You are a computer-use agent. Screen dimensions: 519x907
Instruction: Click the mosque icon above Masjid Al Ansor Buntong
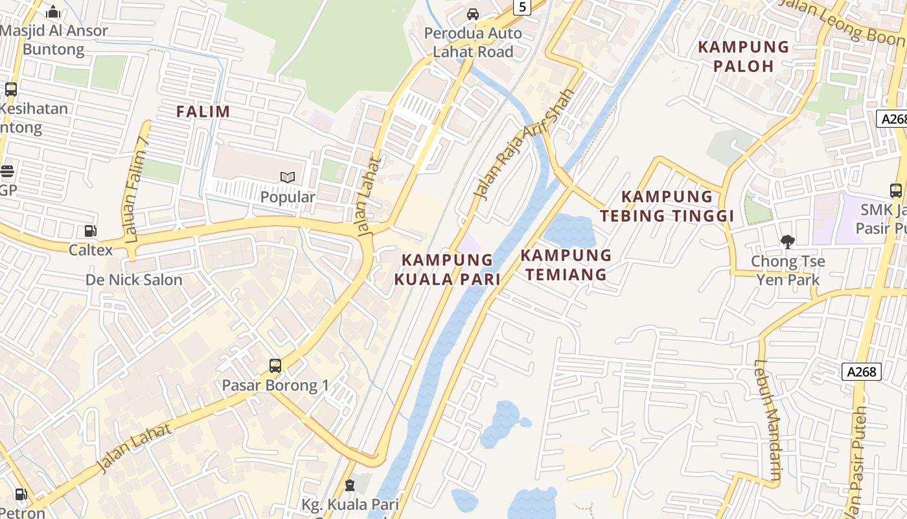(x=53, y=12)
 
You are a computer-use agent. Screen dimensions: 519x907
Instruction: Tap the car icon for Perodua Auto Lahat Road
(x=473, y=14)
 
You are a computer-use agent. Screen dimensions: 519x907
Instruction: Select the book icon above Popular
(x=288, y=177)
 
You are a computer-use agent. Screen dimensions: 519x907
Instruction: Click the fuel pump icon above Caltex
(x=91, y=231)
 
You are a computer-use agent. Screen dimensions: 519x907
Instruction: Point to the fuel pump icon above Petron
(x=21, y=494)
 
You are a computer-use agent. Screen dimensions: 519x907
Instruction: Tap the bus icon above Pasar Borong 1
(x=275, y=366)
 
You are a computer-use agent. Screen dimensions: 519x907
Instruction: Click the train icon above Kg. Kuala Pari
(x=350, y=485)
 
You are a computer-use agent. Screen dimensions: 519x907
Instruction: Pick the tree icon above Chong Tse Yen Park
(x=788, y=242)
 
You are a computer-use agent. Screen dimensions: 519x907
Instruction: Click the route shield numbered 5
(x=522, y=7)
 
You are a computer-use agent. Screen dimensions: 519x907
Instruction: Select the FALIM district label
(x=203, y=112)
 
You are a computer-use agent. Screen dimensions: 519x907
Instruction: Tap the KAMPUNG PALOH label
(x=744, y=56)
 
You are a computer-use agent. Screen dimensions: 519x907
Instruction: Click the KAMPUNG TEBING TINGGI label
(x=667, y=206)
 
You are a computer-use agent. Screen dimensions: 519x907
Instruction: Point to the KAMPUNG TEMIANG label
(x=566, y=265)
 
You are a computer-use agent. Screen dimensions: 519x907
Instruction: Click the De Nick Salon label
(x=134, y=280)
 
